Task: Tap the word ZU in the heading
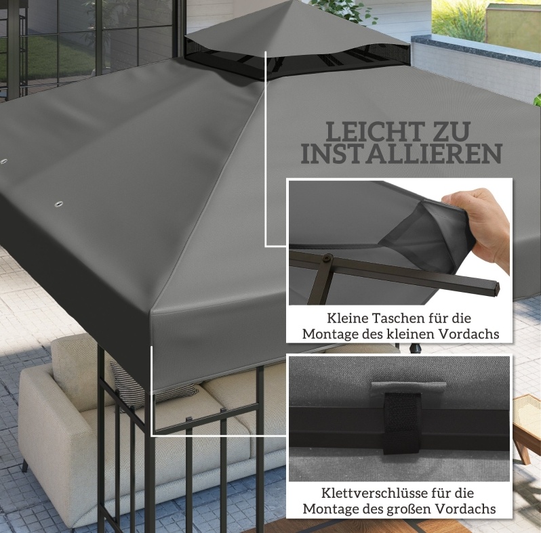pyautogui.click(x=452, y=131)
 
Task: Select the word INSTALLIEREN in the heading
pyautogui.click(x=401, y=154)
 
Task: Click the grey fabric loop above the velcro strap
pyautogui.click(x=408, y=387)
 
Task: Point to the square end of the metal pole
pyautogui.click(x=495, y=289)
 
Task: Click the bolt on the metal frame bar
pyautogui.click(x=326, y=257)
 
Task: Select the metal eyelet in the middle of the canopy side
pyautogui.click(x=56, y=205)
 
